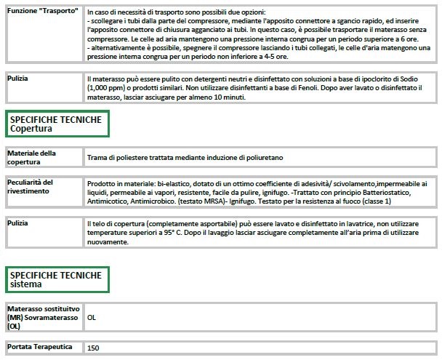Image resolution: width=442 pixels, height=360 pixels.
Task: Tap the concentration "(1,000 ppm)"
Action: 106,87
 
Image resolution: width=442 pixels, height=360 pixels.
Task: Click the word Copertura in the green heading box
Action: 32,129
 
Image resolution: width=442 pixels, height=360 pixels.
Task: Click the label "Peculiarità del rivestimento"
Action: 34,186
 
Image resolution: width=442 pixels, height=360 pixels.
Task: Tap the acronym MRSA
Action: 201,201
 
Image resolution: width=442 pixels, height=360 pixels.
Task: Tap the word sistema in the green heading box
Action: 28,284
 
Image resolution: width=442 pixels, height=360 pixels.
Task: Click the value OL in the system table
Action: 92,318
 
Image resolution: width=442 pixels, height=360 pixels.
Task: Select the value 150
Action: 94,348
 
